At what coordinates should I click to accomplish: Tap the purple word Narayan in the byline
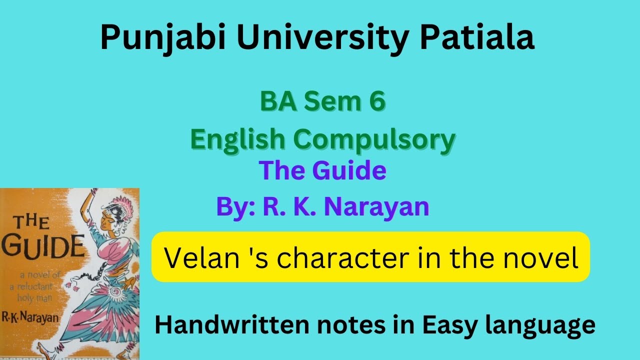point(376,206)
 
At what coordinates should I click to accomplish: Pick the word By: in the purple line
point(233,206)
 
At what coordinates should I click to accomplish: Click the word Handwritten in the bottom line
point(228,325)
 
